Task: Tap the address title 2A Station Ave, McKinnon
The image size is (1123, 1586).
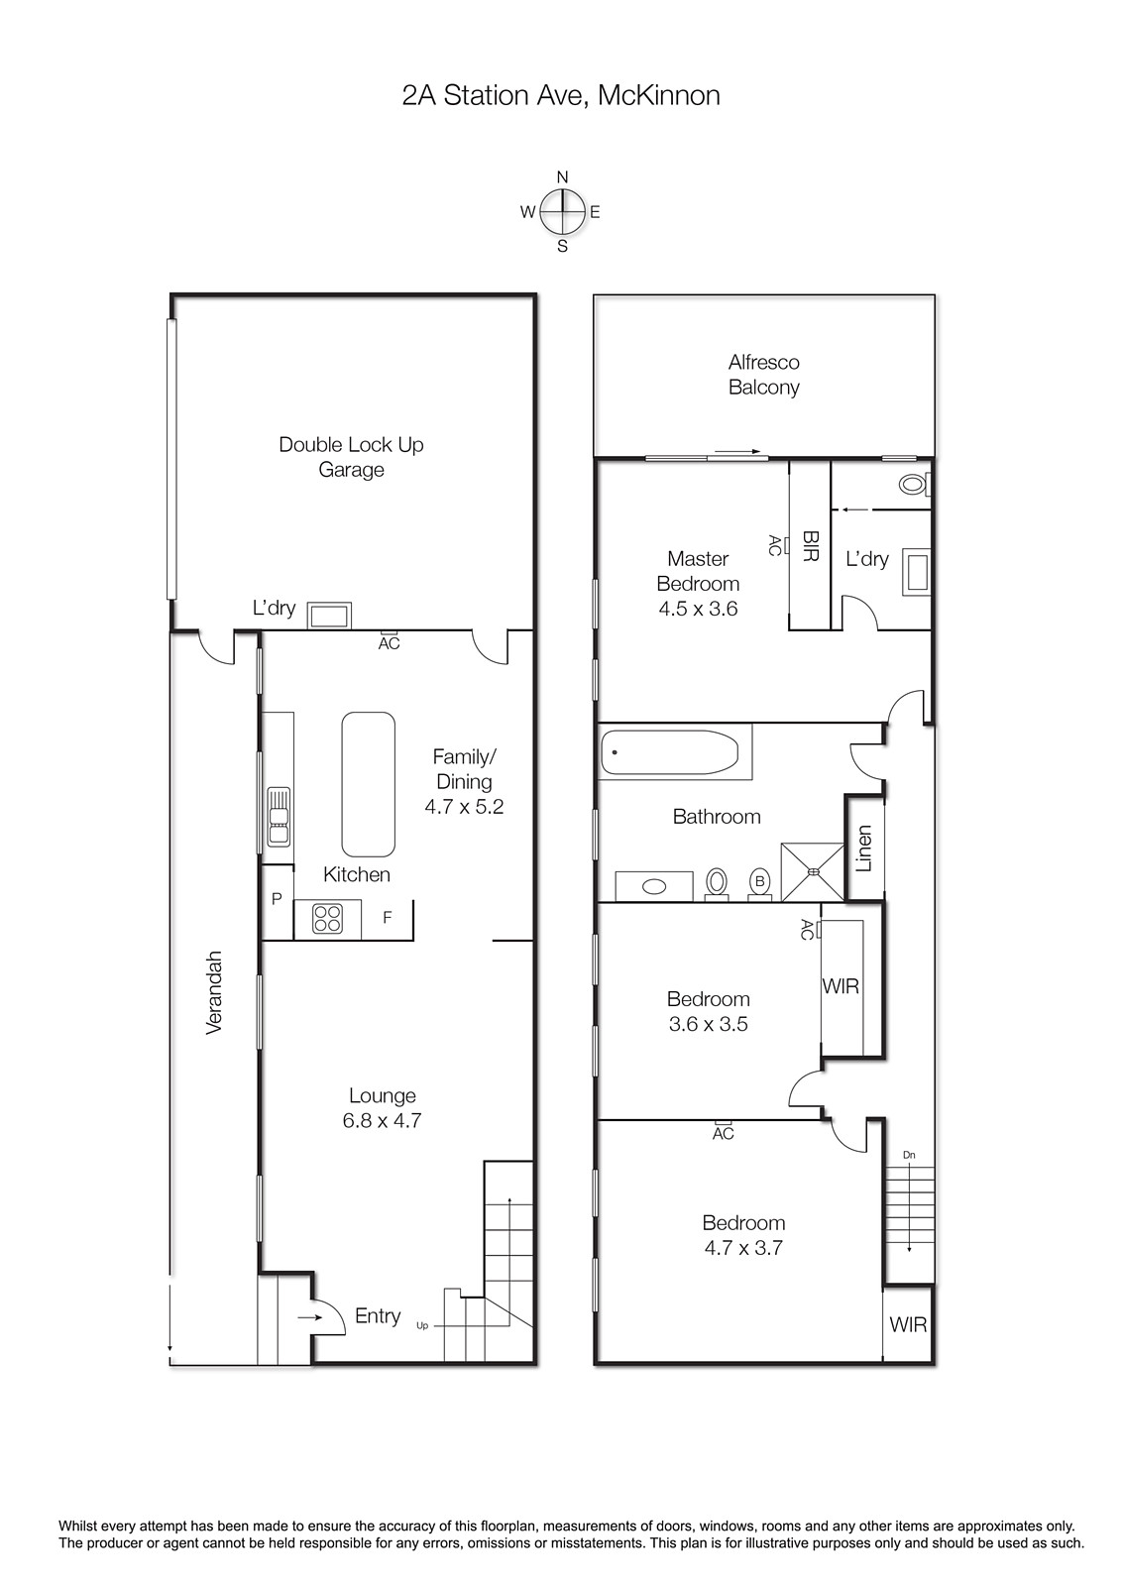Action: tap(561, 95)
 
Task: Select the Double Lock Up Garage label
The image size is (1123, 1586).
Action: tap(351, 457)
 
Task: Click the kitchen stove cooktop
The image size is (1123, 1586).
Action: tap(328, 919)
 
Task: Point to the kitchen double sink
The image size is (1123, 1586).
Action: tap(279, 817)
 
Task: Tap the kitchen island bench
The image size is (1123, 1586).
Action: tap(368, 784)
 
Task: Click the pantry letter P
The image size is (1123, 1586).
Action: tap(277, 898)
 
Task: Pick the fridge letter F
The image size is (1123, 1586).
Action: tap(388, 917)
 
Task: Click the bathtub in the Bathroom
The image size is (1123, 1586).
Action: tap(669, 752)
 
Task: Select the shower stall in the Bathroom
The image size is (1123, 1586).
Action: tap(812, 871)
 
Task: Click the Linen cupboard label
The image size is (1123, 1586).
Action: tap(864, 849)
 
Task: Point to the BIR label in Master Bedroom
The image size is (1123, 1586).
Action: tap(811, 546)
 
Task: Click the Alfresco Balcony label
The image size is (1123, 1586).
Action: tap(764, 375)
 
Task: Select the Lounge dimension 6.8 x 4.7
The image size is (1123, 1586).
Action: tap(382, 1121)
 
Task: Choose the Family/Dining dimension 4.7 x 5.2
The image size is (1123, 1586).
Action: tap(464, 807)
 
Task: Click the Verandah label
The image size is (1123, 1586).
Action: tap(214, 992)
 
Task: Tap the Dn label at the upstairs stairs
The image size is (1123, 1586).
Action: tap(909, 1155)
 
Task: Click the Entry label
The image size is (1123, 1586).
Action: tap(378, 1315)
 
